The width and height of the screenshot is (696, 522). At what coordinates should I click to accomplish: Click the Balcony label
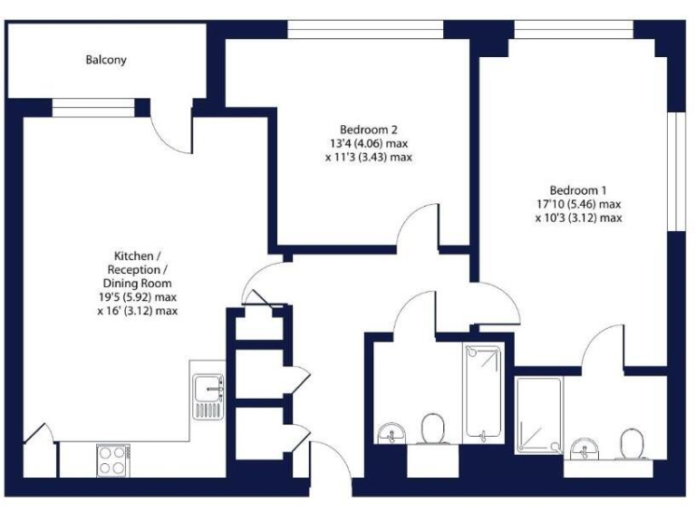[x=106, y=61]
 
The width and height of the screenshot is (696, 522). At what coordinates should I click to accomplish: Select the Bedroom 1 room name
[x=577, y=190]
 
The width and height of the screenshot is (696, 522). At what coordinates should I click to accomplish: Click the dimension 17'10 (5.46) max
[x=577, y=204]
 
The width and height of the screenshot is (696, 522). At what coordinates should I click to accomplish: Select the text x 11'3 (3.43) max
[x=368, y=157]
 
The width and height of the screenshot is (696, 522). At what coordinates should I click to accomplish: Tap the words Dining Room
[x=137, y=283]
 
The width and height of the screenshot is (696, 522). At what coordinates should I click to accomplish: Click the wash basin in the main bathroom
[x=392, y=433]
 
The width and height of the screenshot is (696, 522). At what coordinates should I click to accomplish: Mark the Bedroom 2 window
[x=365, y=30]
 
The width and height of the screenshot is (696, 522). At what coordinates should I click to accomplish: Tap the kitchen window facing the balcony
[x=92, y=108]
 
